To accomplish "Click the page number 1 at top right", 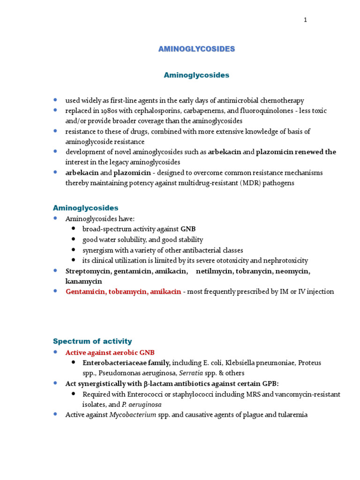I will [305, 20].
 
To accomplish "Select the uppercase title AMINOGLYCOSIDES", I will [196, 49].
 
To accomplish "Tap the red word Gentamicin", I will [83, 292].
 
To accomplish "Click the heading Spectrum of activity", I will [92, 341].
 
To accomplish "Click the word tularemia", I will [290, 415].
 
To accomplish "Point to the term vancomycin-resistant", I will [305, 394].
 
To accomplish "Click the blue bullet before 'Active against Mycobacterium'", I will [56, 414].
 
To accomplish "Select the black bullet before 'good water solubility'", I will [74, 240].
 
